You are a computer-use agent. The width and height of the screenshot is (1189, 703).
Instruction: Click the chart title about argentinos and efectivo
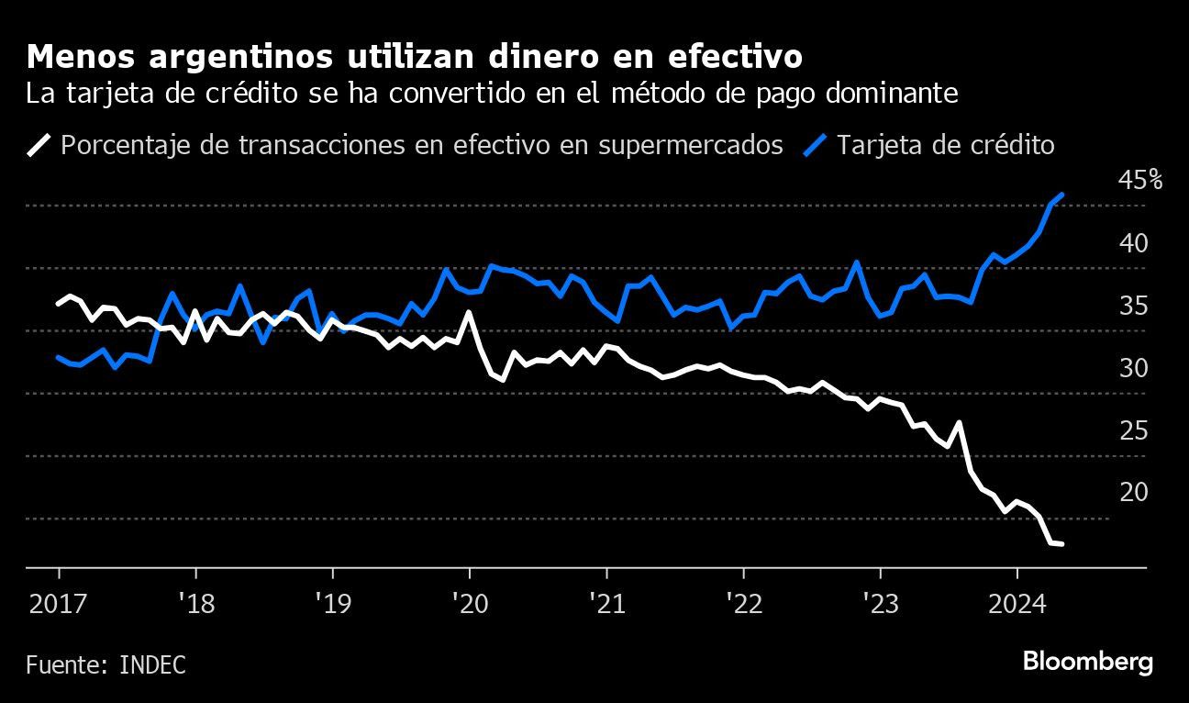pyautogui.click(x=416, y=57)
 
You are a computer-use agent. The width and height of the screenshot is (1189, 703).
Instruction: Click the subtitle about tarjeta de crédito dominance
pyautogui.click(x=493, y=95)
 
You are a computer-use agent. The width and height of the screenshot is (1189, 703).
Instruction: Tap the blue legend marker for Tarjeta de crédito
pyautogui.click(x=817, y=145)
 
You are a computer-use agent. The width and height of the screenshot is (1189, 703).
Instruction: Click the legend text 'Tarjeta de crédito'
pyautogui.click(x=945, y=145)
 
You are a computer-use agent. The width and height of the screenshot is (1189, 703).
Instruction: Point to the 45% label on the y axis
pyautogui.click(x=1139, y=181)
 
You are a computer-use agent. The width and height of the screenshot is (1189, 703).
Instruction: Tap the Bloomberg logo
pyautogui.click(x=1087, y=663)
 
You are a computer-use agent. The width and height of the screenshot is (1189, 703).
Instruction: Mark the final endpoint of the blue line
pyautogui.click(x=1061, y=195)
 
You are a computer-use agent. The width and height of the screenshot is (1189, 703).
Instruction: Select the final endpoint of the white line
pyautogui.click(x=1061, y=544)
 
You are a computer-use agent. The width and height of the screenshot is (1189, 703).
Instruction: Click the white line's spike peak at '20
pyautogui.click(x=469, y=313)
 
